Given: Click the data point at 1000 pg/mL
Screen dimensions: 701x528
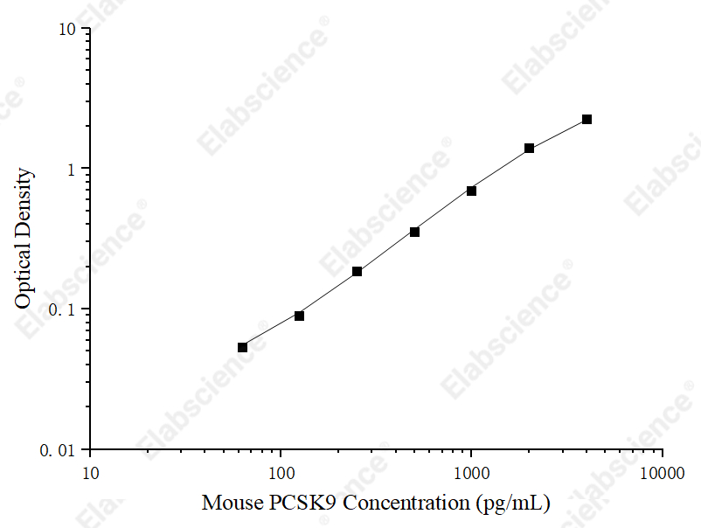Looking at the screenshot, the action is coord(471,191).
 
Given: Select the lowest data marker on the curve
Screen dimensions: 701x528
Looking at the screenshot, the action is coord(242,347).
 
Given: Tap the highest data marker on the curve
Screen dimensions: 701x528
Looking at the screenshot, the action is coord(586,120).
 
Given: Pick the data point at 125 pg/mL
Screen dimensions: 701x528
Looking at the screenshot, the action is coord(299,316).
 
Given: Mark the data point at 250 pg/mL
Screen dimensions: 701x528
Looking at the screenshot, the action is coord(357,271).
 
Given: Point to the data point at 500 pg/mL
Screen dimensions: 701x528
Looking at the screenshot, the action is coord(414,232).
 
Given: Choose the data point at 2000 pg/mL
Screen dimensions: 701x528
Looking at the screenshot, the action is coord(529,148).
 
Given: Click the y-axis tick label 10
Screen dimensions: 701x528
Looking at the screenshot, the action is coord(67,30).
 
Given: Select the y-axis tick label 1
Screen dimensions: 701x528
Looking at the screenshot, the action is coord(71,170).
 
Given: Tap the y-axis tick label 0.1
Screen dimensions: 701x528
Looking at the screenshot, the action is coord(62,309).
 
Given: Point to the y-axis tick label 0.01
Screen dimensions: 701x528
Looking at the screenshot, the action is coord(58,450).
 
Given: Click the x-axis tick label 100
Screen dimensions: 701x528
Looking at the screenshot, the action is coord(281,473).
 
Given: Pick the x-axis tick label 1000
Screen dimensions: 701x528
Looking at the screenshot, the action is coord(472,473).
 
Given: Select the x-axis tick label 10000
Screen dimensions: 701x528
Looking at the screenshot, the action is coord(663,473).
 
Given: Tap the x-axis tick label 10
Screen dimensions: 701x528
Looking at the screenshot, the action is coord(91,473).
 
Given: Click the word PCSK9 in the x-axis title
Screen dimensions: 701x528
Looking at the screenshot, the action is coord(302,503).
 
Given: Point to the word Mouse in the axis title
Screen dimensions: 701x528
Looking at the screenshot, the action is coord(233,503).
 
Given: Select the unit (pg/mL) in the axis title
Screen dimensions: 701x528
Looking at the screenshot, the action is coord(513,504).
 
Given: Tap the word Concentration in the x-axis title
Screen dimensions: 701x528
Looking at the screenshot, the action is coord(406,503).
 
